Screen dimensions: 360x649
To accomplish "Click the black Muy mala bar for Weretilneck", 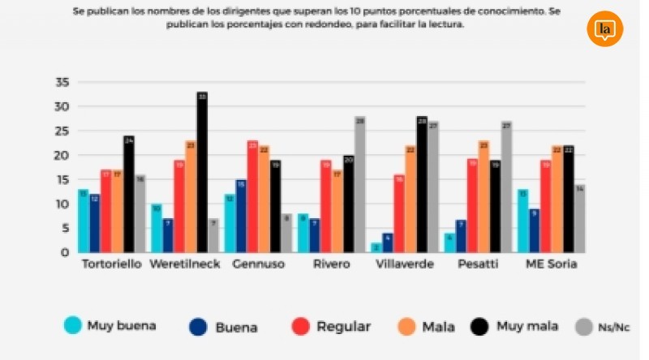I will (202, 173).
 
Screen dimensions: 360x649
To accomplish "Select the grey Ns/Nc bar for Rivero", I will (359, 185).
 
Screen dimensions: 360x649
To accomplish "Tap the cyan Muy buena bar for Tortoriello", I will (84, 221).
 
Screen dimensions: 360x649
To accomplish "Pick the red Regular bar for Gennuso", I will (252, 196).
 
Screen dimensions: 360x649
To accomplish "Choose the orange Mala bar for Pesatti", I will (484, 196).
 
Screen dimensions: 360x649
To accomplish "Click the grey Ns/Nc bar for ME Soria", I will (579, 219).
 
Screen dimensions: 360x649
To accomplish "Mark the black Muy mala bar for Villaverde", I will (422, 185).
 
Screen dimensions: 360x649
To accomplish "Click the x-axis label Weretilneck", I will (185, 264).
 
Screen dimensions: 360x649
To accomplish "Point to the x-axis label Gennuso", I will (257, 264).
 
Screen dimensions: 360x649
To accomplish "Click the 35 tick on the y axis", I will (62, 82).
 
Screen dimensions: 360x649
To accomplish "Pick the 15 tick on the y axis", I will (62, 179).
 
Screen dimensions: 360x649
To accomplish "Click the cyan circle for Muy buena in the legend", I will (74, 325).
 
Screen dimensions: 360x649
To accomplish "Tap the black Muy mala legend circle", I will (483, 327).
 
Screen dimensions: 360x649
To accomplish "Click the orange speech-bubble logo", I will (604, 29).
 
